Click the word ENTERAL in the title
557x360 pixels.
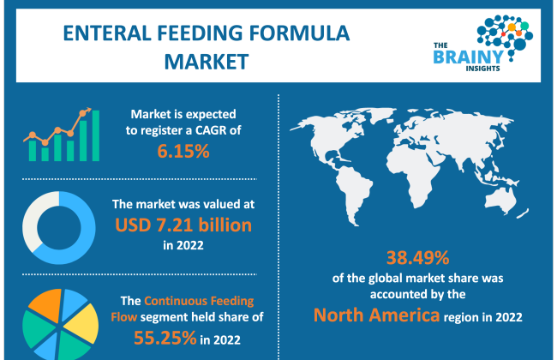(107, 33)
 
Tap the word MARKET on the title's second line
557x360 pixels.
(207, 62)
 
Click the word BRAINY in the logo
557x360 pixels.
(469, 57)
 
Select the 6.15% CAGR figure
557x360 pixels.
(183, 151)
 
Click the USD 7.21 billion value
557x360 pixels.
(183, 225)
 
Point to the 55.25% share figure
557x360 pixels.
(165, 338)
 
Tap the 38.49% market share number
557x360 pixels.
(418, 258)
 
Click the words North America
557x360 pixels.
(376, 315)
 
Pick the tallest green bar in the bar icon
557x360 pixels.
(96, 135)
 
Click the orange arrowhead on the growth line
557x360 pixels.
(87, 110)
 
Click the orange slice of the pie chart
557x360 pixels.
(45, 304)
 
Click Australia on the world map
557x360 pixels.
(500, 200)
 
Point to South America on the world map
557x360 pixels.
(353, 192)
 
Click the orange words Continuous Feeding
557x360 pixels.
(199, 301)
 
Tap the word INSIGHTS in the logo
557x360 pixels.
(482, 69)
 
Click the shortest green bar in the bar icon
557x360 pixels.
(45, 154)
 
